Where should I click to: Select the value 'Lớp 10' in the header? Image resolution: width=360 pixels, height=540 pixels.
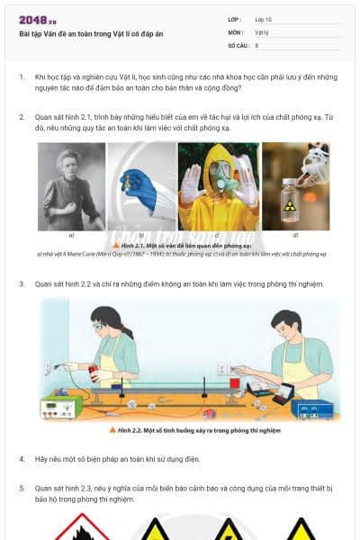(264, 19)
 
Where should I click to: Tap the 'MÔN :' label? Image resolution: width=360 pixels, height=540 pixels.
(236, 31)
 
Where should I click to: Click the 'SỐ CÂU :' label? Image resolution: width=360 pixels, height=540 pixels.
(238, 44)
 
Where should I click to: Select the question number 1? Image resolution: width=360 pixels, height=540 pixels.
(22, 77)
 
